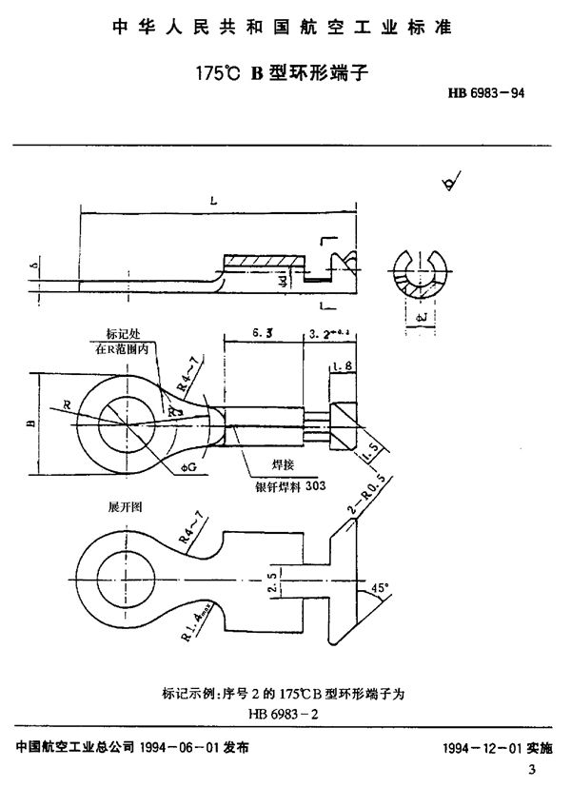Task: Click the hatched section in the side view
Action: coord(263,260)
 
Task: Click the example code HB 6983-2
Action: coord(285,711)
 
